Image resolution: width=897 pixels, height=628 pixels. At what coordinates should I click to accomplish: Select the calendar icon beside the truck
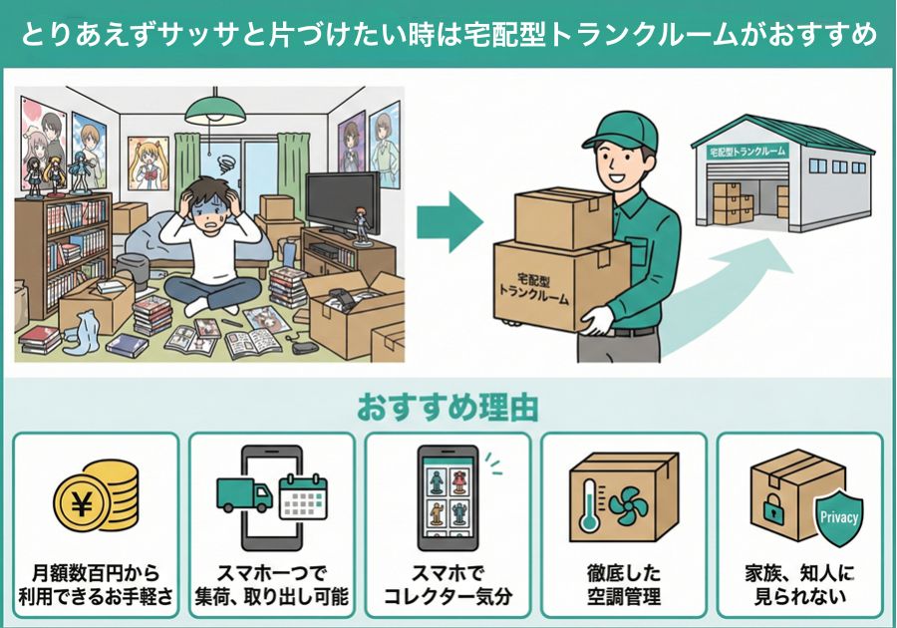click(x=303, y=497)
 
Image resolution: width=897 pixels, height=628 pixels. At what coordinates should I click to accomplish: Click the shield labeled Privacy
click(x=838, y=517)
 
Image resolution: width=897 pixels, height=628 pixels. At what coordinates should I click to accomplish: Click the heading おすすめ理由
click(x=448, y=408)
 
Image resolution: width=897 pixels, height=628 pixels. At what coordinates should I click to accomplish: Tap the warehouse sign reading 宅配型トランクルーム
click(x=747, y=152)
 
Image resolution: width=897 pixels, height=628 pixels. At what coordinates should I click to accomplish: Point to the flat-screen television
click(x=339, y=203)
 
